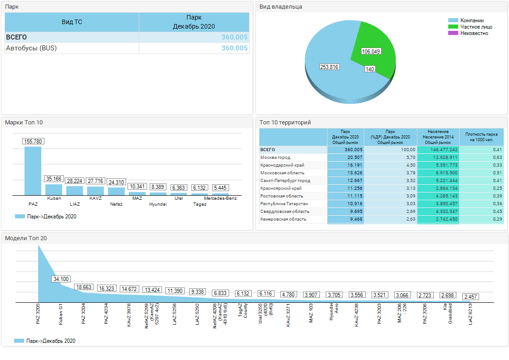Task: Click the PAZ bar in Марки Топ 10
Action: (33, 171)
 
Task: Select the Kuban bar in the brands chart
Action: (54, 190)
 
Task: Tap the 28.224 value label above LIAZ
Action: (75, 181)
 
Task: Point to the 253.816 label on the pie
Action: (329, 67)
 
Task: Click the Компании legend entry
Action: (466, 20)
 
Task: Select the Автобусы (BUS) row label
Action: (31, 48)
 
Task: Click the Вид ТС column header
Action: (72, 22)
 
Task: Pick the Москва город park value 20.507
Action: (354, 158)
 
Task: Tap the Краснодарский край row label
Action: (282, 165)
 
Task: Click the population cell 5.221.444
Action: (447, 181)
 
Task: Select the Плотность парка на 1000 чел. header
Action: (481, 137)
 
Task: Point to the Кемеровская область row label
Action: (283, 219)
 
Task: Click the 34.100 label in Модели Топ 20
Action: (61, 279)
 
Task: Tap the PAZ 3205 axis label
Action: (38, 314)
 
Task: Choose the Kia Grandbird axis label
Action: (448, 314)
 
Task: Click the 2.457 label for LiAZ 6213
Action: (471, 296)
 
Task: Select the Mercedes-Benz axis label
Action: (220, 198)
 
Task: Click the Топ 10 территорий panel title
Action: (285, 123)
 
